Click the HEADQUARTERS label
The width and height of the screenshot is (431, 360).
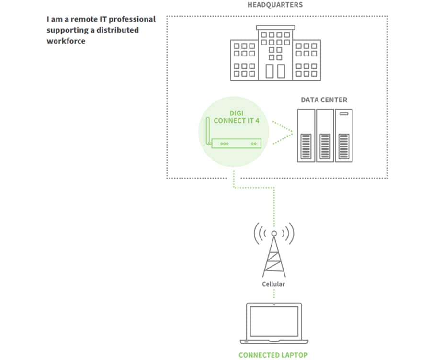pos(274,5)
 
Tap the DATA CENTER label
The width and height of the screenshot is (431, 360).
pos(324,100)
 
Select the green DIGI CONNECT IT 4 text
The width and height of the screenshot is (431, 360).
pos(237,117)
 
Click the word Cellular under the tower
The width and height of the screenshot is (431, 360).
pos(273,284)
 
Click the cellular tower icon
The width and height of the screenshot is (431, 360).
pos(274,254)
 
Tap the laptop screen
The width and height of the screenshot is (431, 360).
pos(274,321)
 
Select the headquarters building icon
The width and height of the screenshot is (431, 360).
pos(275,53)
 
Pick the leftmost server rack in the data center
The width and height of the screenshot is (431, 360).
pos(306,135)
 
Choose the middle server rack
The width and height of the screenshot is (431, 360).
pos(325,135)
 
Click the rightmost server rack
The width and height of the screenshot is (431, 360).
pos(343,135)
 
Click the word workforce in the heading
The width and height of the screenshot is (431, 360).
pos(66,41)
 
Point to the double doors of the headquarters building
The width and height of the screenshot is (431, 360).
pos(275,71)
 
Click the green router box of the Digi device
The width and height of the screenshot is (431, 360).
pos(237,143)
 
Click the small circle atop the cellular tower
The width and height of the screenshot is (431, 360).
pos(274,234)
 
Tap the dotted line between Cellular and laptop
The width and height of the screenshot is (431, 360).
pos(274,294)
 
